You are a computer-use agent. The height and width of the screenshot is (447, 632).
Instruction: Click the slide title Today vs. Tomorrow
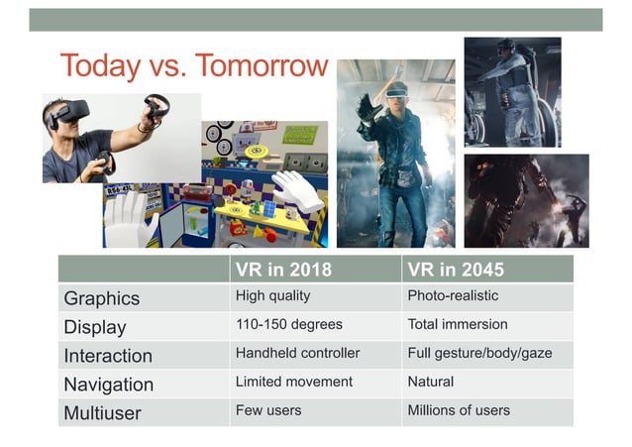[193, 65]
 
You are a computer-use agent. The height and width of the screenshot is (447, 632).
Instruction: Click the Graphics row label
[101, 298]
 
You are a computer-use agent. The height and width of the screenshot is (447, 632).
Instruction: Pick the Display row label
[95, 327]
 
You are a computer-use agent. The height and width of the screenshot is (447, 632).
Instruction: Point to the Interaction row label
[108, 356]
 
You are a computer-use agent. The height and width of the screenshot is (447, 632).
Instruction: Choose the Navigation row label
[108, 385]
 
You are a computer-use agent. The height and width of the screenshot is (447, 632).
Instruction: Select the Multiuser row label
[103, 412]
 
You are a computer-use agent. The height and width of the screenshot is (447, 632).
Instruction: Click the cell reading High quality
[272, 295]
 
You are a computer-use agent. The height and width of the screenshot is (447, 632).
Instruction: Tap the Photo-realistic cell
[453, 295]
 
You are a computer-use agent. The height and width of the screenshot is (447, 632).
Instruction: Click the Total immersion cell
[457, 324]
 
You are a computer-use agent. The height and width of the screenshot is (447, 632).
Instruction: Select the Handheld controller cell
[297, 353]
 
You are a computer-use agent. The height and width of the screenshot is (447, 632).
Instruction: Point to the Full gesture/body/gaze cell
[479, 353]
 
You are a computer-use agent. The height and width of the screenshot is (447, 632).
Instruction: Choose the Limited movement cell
[293, 382]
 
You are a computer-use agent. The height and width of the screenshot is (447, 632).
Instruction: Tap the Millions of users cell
[459, 410]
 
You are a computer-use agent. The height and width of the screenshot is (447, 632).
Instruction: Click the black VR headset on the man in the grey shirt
[69, 113]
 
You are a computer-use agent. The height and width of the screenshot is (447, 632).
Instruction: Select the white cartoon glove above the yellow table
[296, 190]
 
